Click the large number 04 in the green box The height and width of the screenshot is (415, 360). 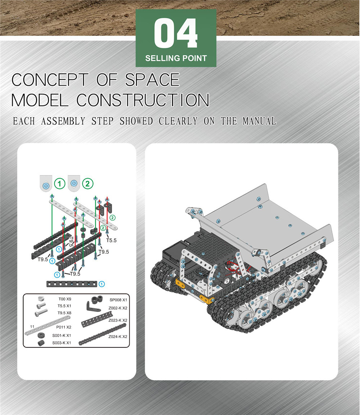[176, 33]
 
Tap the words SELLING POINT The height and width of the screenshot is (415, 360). [176, 58]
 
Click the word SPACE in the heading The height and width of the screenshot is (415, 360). [152, 80]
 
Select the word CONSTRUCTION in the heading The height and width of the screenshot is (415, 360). [143, 100]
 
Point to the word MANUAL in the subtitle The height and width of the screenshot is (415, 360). [259, 121]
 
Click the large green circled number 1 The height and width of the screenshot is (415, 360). [60, 183]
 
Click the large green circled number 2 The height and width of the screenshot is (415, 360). [88, 183]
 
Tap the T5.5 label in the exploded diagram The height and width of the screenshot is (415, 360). [111, 240]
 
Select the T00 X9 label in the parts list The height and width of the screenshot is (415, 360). [65, 299]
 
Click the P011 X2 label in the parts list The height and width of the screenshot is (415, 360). [64, 327]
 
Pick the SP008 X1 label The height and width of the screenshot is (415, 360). [118, 300]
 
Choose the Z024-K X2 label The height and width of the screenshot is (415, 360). [118, 337]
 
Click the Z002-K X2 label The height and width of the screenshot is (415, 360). [118, 308]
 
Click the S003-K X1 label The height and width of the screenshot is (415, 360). [62, 343]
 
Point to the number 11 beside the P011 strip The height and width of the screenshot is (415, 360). [32, 327]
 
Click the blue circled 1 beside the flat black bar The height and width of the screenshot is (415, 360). [102, 284]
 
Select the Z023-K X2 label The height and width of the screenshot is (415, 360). [118, 320]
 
